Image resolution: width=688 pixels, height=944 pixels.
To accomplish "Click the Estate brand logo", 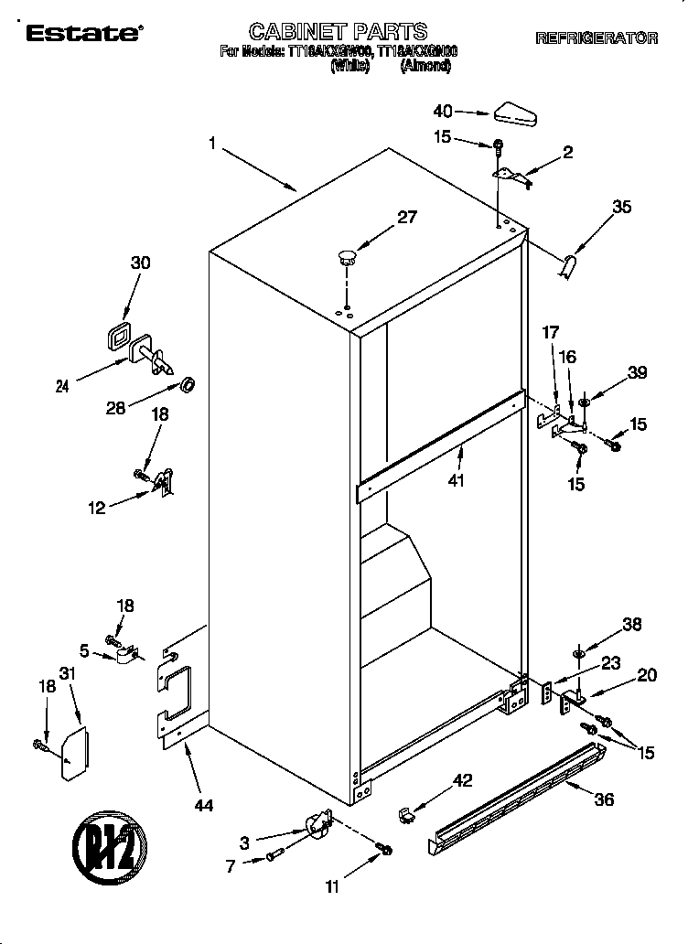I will [81, 34].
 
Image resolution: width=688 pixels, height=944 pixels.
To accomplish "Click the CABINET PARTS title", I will [339, 34].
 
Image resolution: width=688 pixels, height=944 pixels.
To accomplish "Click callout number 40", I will [443, 111].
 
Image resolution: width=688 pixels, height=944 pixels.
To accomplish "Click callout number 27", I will [406, 217].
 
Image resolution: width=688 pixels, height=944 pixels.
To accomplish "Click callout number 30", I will [141, 263].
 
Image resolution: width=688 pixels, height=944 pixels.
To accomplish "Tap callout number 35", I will [621, 207].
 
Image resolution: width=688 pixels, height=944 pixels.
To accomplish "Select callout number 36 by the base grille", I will [604, 799].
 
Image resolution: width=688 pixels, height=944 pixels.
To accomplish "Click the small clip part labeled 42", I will [404, 812].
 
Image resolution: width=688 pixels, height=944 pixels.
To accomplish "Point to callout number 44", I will [203, 805].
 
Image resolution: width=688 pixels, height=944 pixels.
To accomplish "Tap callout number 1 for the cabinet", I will [212, 143].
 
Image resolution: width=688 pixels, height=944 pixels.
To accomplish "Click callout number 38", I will [630, 625].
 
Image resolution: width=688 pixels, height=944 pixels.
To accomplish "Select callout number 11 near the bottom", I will [332, 885].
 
